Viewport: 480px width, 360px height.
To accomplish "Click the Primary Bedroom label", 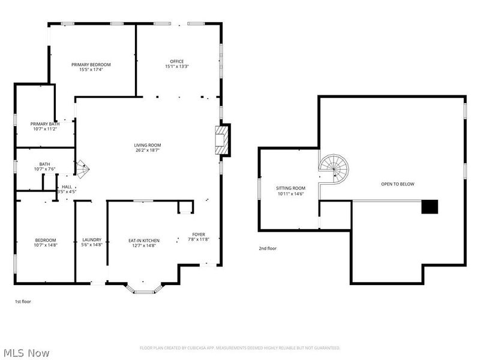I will pos(91,65).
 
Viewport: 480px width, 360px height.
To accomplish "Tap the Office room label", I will pos(176,61).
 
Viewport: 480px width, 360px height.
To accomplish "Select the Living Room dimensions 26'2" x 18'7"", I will pos(148,151).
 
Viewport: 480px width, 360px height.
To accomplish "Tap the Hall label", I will pos(67,187).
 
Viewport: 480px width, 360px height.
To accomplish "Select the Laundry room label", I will pos(92,240).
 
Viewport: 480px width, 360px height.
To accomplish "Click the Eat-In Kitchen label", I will pos(143,241).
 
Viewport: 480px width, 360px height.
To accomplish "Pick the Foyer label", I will pos(199,234).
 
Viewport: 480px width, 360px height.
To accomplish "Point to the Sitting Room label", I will pos(290,188).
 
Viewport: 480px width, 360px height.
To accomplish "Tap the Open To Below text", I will pos(397,184).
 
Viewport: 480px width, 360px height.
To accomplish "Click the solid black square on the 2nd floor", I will pos(430,207).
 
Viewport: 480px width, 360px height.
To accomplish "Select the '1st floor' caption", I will pos(23,302).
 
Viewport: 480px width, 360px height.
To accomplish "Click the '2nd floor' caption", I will pos(268,248).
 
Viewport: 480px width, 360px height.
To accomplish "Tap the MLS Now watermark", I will pos(26,353).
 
